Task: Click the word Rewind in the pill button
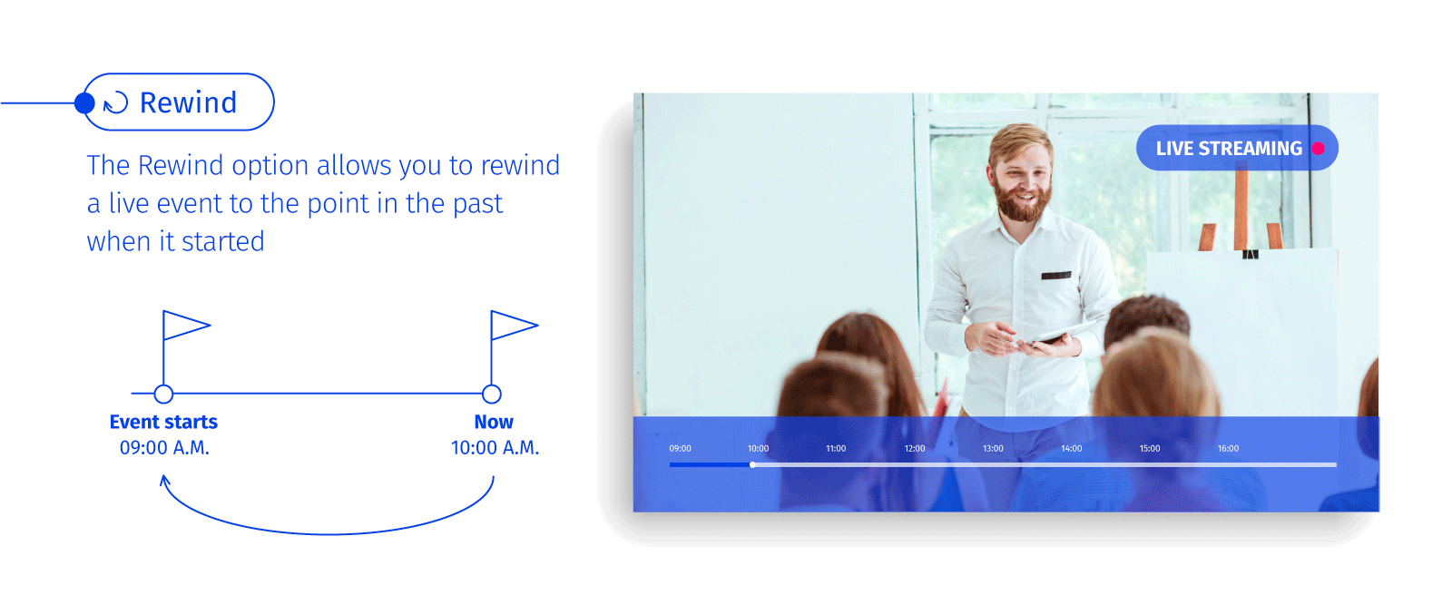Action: pos(188,103)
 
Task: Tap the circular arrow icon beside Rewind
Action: pos(116,102)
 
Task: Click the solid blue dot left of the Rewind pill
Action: pos(84,103)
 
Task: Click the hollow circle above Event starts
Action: pos(163,394)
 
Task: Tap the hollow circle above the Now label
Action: pos(492,394)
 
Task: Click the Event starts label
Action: pos(163,422)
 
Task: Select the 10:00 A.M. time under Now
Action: pos(495,447)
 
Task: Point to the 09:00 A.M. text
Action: pos(164,447)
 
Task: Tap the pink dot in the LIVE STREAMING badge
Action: pos(1318,149)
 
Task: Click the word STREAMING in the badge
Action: pos(1251,149)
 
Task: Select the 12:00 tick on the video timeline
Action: pos(915,448)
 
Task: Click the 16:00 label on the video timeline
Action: pos(1229,448)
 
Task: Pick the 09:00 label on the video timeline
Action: pos(680,448)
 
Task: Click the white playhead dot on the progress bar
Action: pos(752,465)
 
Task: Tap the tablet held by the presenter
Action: pos(1056,333)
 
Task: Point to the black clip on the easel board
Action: pos(1251,255)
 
